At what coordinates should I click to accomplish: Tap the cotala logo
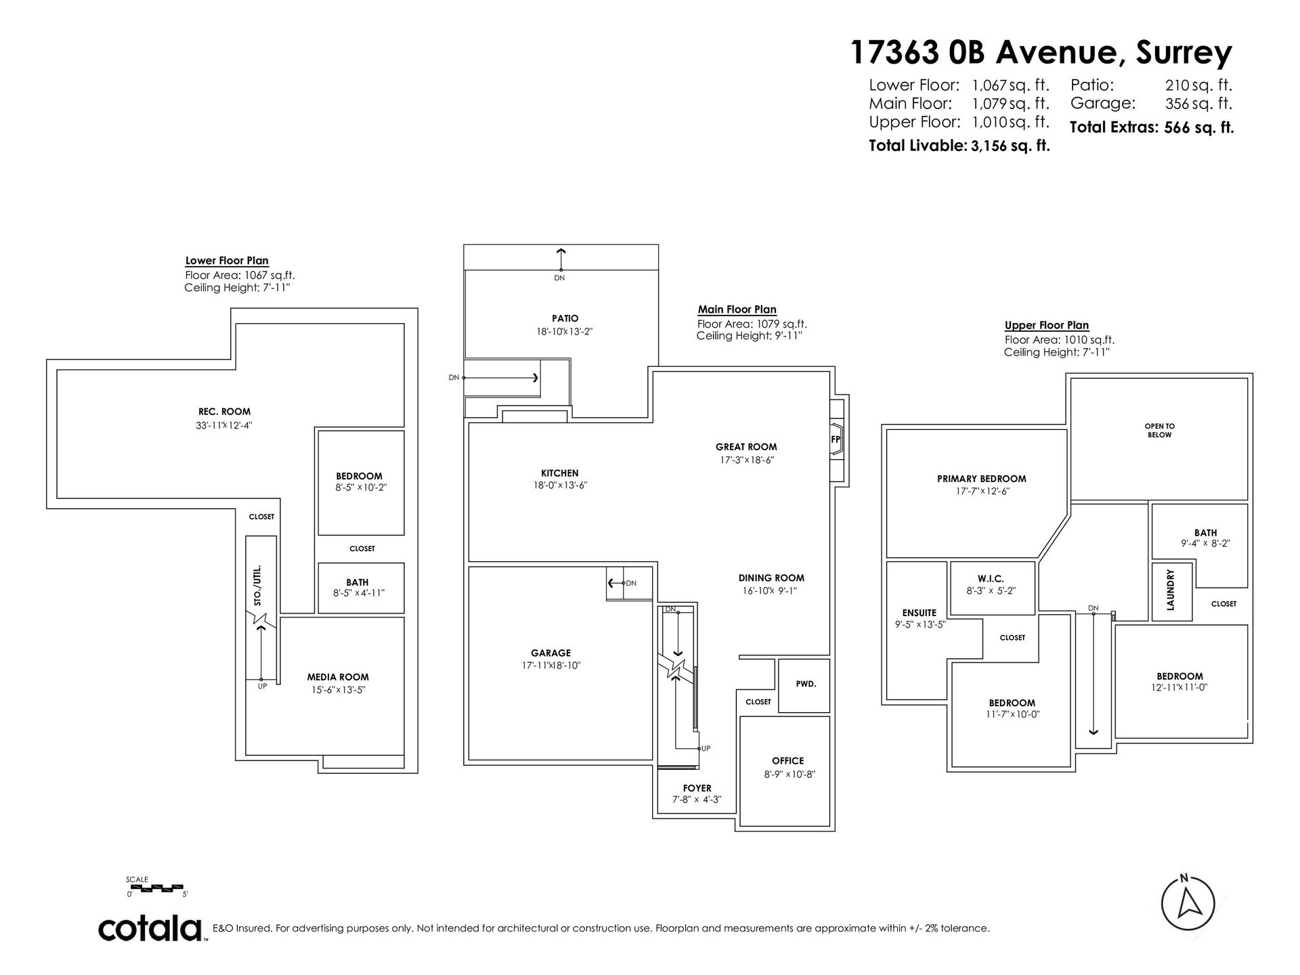click(152, 928)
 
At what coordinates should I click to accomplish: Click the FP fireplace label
click(835, 439)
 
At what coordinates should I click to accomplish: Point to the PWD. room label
click(806, 684)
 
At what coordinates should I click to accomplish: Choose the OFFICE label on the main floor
click(788, 761)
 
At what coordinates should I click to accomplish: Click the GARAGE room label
click(550, 653)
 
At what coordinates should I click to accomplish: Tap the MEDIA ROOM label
click(338, 677)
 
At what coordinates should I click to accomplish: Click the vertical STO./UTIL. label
click(257, 586)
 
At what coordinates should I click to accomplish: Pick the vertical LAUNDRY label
click(1171, 590)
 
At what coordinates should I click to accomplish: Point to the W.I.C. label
click(991, 579)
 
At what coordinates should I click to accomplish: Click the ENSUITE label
click(919, 613)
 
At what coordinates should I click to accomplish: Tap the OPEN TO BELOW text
click(1160, 431)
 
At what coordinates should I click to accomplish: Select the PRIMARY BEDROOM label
click(982, 479)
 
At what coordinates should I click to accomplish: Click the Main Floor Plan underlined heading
click(737, 309)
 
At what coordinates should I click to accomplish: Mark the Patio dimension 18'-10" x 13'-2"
click(565, 332)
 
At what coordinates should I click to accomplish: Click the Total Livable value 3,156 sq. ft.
click(1010, 146)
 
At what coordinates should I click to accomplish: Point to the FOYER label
click(697, 788)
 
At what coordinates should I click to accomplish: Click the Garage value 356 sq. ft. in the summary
click(1198, 104)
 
